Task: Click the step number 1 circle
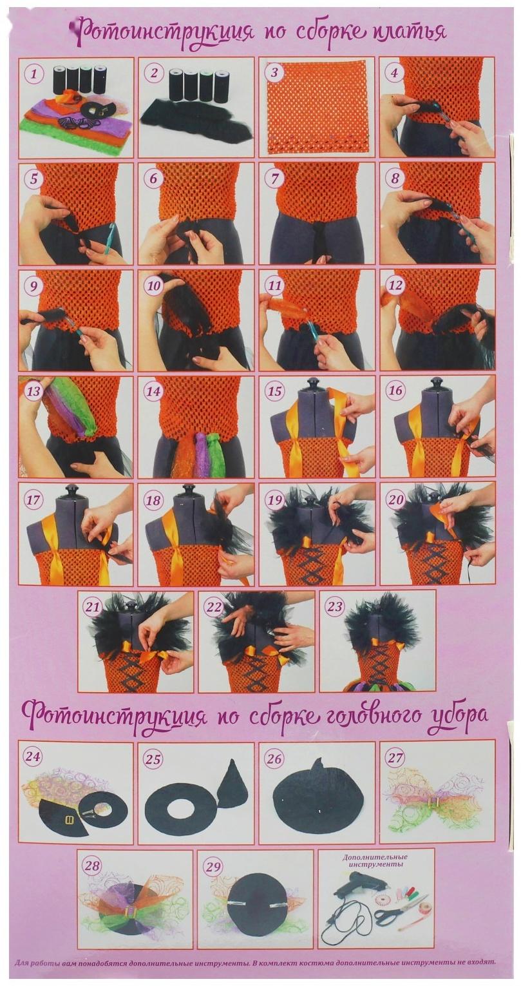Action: coord(33,73)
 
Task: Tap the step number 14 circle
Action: coord(153,391)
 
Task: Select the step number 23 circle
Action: coord(335,605)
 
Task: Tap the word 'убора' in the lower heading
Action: coord(459,715)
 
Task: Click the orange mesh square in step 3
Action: coord(317,106)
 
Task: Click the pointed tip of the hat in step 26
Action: coord(318,762)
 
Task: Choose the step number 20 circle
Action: coord(395,497)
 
